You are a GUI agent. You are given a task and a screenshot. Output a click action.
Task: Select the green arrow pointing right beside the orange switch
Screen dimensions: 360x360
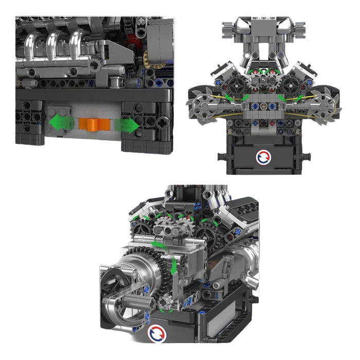127,125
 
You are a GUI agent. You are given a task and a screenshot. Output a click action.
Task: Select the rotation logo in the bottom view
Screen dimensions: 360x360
156,333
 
